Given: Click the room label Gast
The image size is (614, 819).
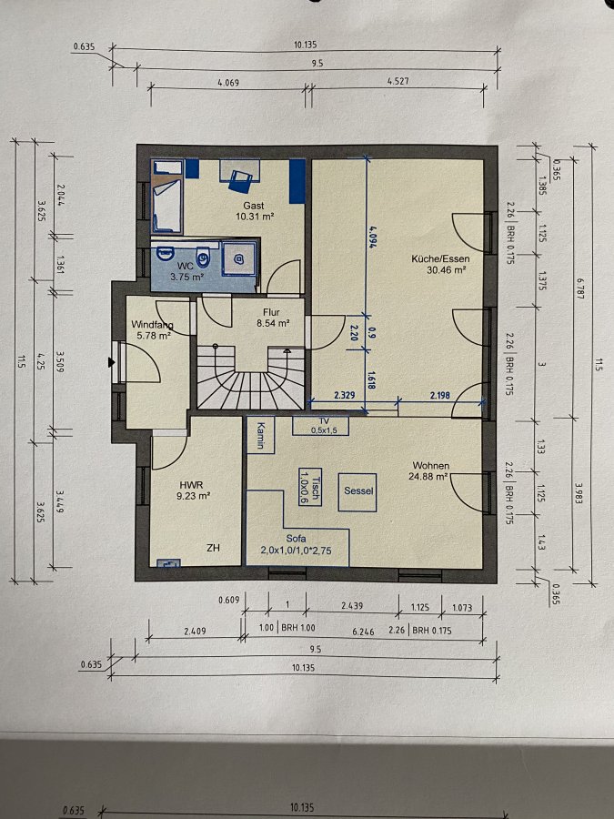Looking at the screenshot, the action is pos(253,206).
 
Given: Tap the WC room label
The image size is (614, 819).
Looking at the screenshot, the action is pos(186,267).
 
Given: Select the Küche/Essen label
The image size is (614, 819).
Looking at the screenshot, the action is pos(440,258).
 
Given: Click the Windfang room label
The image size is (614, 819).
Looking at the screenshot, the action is pos(152,325).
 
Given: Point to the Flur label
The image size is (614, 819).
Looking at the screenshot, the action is pos(271,312).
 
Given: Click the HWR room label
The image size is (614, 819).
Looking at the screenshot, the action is pos(191,485).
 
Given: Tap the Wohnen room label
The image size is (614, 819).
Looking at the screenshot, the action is pos(431,465).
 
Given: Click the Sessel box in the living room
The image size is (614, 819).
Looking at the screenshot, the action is pos(357,492).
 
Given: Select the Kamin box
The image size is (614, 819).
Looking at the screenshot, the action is pos(260,435).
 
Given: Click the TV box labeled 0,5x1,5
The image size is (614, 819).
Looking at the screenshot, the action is pos(320,426).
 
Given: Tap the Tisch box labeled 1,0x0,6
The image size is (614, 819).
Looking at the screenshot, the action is pos(310,487).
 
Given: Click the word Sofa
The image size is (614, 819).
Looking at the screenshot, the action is pos(296,539).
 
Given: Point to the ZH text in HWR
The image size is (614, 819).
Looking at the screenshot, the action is pos(213,548).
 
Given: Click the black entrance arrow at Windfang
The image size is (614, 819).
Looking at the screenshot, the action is pos(111,362).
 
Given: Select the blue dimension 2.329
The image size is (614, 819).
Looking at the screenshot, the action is pos(344,395).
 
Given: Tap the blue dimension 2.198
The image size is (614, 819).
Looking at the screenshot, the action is pos(439,396).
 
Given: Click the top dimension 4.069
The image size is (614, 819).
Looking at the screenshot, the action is pos(228,82).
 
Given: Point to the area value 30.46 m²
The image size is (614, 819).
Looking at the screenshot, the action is pos(447,270).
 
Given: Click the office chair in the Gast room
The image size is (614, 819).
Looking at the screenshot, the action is pos(240,181).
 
